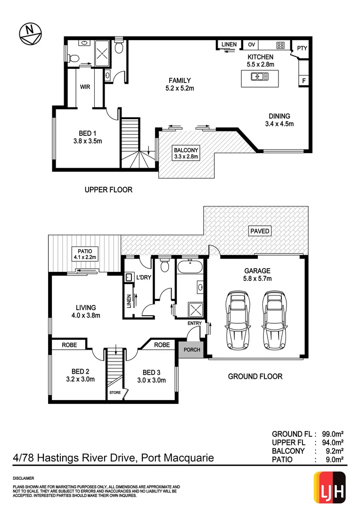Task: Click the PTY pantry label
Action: tap(302, 48)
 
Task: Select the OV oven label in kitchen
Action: tap(251, 45)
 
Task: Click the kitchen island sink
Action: tap(260, 77)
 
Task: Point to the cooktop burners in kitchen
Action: tap(280, 45)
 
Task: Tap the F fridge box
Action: tap(304, 81)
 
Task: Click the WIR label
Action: tap(85, 87)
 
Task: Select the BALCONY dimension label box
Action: tap(187, 153)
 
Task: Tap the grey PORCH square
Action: tap(192, 350)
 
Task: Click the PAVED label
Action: tap(260, 231)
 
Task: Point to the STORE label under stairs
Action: tap(115, 392)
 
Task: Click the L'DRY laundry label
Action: tap(143, 277)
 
